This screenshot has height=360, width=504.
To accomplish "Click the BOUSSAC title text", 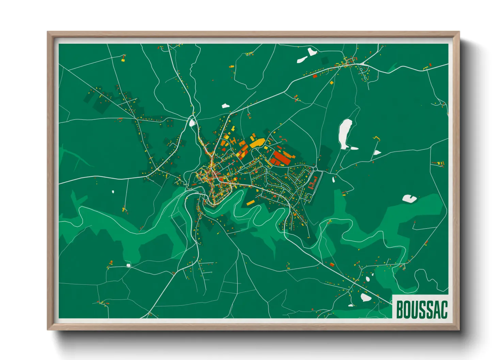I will pyautogui.click(x=422, y=309).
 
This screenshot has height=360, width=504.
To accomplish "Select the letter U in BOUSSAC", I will pyautogui.click(x=415, y=309).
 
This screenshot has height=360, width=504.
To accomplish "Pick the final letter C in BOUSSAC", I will pyautogui.click(x=444, y=309).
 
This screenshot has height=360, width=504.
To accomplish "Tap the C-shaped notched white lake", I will pyautogui.click(x=409, y=198).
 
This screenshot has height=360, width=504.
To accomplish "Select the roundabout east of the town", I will pyautogui.click(x=315, y=169).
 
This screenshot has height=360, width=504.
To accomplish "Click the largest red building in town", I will pyautogui.click(x=281, y=157).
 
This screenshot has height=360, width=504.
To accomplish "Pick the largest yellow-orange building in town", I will pyautogui.click(x=257, y=143).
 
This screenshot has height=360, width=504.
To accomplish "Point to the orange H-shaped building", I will pyautogui.click(x=233, y=141).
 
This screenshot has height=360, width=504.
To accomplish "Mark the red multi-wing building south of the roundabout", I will pyautogui.click(x=313, y=185).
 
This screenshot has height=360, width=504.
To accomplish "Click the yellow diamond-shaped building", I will pyautogui.click(x=331, y=83).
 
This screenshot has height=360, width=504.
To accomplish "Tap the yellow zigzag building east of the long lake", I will pyautogui.click(x=376, y=138).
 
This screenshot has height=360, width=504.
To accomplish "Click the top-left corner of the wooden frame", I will pyautogui.click(x=48, y=33).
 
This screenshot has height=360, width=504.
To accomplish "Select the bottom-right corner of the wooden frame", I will pyautogui.click(x=458, y=329).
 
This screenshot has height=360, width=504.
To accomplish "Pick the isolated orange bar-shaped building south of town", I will pyautogui.click(x=250, y=203).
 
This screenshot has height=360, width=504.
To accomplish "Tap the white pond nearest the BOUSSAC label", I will pyautogui.click(x=366, y=298).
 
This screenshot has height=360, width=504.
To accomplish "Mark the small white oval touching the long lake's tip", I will pyautogui.click(x=354, y=148).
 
